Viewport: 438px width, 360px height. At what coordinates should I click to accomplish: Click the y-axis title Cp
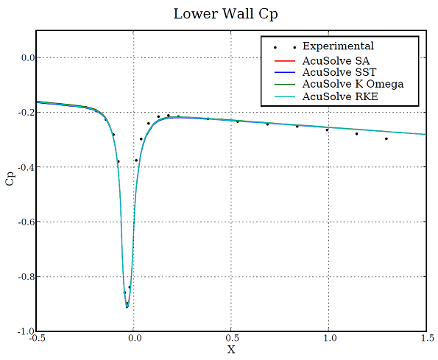coord(10,180)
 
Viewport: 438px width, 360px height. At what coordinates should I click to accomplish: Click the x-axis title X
coord(231,350)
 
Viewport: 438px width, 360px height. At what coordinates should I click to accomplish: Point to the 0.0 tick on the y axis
coord(24,57)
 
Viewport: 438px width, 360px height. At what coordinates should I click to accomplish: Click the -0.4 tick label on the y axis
coord(22,167)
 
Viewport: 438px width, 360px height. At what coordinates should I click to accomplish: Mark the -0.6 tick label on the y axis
coord(22,222)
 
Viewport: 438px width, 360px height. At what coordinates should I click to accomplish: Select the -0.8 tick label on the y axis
coord(22,277)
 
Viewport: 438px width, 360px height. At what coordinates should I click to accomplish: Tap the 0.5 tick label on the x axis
coord(231,339)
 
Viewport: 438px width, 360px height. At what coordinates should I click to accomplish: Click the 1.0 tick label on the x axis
coord(328,339)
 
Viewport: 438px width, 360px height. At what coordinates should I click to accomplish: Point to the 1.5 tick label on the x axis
coord(425,339)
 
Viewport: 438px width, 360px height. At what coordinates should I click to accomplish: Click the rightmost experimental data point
coord(386,138)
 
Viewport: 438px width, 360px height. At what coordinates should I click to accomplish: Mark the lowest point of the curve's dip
coord(127,307)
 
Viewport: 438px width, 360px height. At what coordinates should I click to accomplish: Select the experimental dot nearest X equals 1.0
coord(328,130)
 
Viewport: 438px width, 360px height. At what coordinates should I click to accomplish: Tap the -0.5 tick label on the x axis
coord(35,339)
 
